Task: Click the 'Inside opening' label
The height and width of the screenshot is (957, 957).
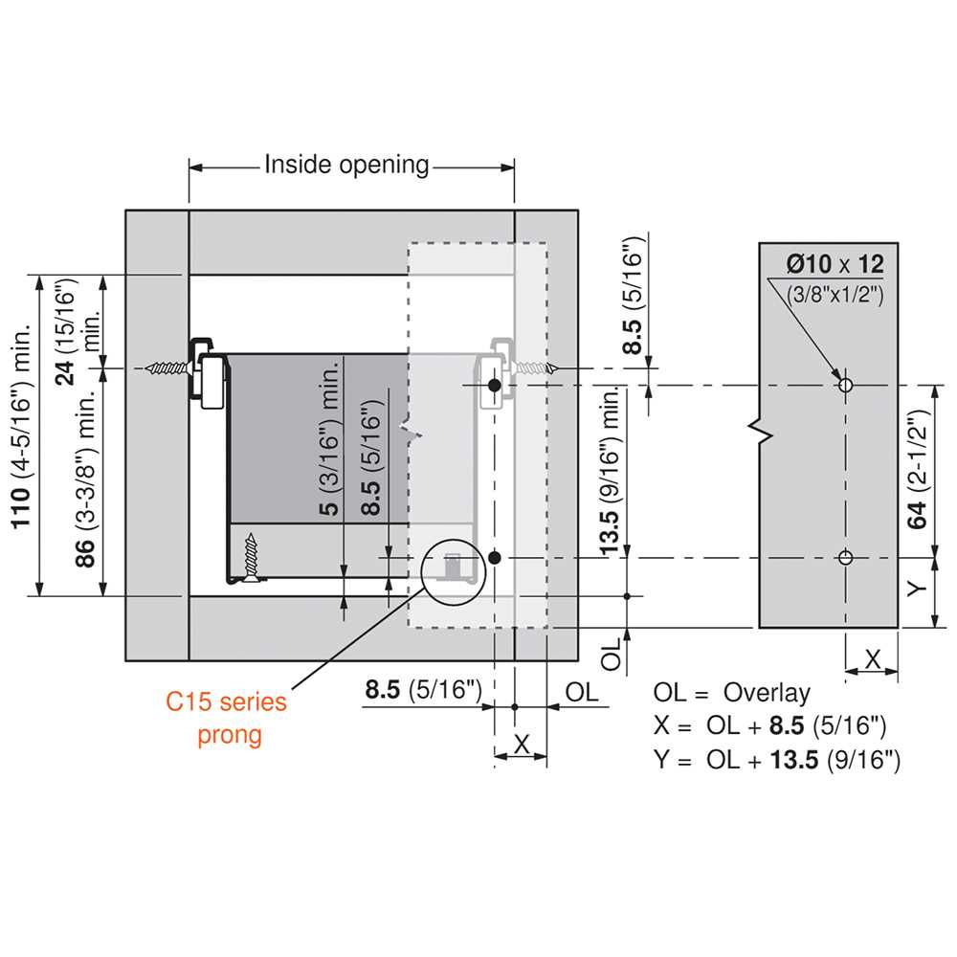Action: click(346, 165)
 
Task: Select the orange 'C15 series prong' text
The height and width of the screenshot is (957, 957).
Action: click(227, 719)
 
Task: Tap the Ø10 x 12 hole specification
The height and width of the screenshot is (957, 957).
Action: click(835, 264)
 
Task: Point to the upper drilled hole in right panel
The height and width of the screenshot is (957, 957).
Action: click(845, 385)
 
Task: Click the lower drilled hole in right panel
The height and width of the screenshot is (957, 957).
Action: click(845, 557)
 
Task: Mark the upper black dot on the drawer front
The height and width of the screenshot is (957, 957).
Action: click(495, 385)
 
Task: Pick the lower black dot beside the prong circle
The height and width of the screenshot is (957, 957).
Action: click(495, 557)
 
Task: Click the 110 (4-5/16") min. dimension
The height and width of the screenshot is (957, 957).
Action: click(20, 426)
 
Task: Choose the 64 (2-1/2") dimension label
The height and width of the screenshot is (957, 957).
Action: click(917, 469)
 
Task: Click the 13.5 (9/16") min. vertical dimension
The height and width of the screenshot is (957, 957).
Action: click(611, 470)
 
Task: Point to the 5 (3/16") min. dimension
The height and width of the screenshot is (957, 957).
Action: click(328, 438)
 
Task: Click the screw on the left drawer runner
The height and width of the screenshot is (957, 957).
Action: click(167, 368)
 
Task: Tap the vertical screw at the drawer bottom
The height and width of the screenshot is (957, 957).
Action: click(251, 557)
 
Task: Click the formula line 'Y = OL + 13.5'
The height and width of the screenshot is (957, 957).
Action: click(776, 760)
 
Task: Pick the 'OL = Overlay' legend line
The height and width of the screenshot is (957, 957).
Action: click(731, 693)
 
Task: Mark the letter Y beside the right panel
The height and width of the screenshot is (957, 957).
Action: click(917, 589)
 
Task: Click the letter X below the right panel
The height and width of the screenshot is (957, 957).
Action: click(873, 659)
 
